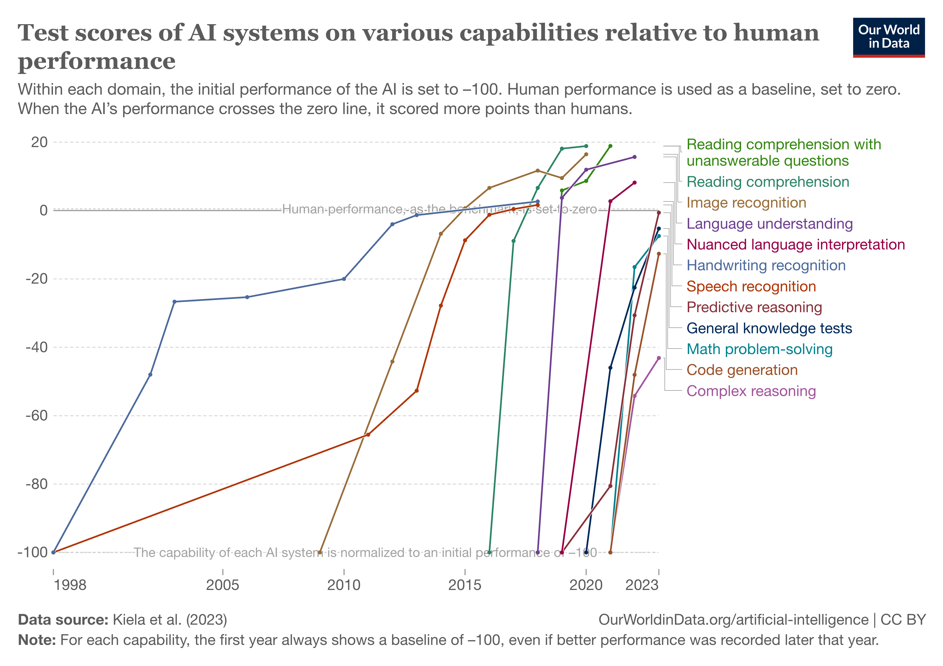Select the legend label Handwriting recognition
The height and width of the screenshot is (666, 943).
[766, 265]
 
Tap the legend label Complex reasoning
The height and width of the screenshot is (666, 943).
[751, 391]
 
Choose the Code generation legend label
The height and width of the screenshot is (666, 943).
[742, 370]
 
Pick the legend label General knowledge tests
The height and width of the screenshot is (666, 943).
[769, 328]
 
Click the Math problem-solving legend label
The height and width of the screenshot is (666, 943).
[759, 349]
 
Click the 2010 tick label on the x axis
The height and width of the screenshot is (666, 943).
[344, 585]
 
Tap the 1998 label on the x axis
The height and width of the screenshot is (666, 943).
[70, 585]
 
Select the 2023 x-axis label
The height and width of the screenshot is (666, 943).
[642, 585]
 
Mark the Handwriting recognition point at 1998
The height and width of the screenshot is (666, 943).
[54, 553]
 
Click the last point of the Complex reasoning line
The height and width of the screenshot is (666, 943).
[659, 358]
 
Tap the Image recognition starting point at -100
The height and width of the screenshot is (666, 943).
[320, 553]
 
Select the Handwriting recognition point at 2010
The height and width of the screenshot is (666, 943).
[344, 279]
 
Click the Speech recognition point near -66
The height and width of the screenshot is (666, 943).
[368, 435]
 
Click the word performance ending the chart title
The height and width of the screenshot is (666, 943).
[97, 62]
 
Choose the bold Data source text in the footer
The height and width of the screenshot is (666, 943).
[63, 620]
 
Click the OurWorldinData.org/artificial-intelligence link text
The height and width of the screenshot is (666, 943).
[733, 620]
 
